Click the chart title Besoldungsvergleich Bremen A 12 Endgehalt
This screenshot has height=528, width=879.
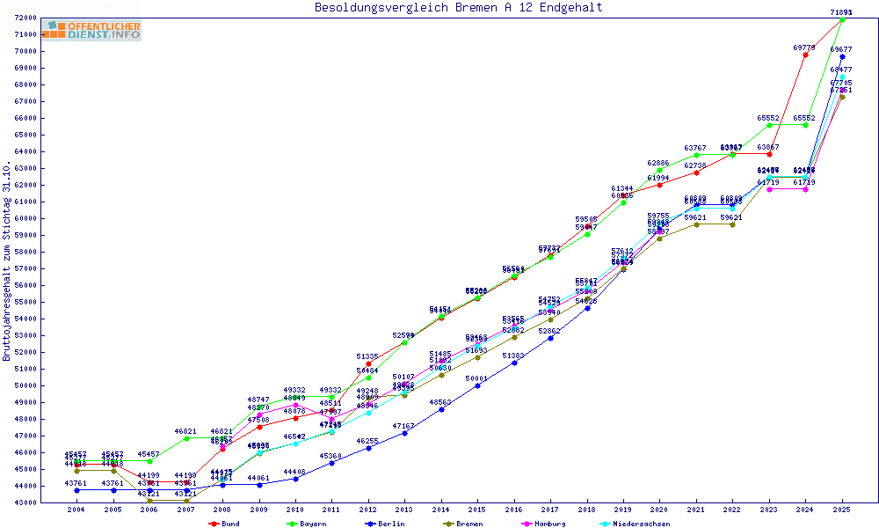click(458, 8)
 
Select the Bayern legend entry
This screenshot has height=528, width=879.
click(307, 524)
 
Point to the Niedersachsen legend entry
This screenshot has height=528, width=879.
click(639, 524)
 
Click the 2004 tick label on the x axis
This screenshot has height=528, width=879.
click(76, 510)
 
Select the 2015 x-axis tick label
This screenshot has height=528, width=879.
click(478, 510)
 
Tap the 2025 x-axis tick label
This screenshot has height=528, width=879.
click(842, 510)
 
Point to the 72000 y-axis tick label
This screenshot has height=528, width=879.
click(25, 18)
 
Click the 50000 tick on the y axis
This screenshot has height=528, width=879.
click(25, 385)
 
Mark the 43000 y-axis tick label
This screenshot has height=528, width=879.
click(25, 502)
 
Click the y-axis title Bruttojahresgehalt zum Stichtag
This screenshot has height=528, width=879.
click(7, 261)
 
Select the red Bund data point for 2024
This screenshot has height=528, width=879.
click(805, 55)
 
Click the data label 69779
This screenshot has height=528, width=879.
click(804, 48)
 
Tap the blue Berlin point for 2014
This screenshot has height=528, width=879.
click(441, 409)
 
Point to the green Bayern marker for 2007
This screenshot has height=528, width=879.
click(186, 438)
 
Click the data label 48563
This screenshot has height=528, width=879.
click(440, 402)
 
